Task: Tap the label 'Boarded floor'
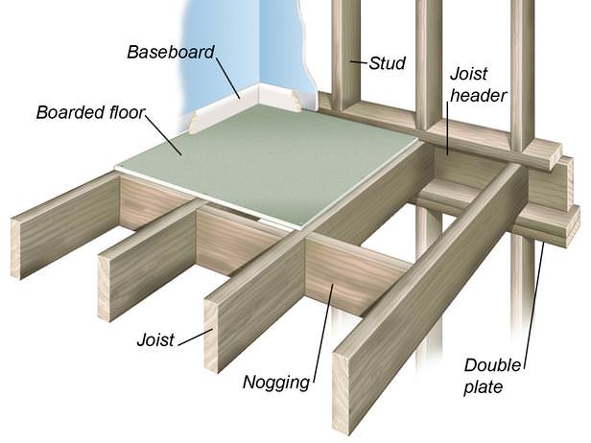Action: point(90,113)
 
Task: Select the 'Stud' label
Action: point(388,63)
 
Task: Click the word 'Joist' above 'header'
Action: point(470,72)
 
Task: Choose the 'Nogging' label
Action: point(276,383)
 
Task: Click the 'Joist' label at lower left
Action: point(154,339)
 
